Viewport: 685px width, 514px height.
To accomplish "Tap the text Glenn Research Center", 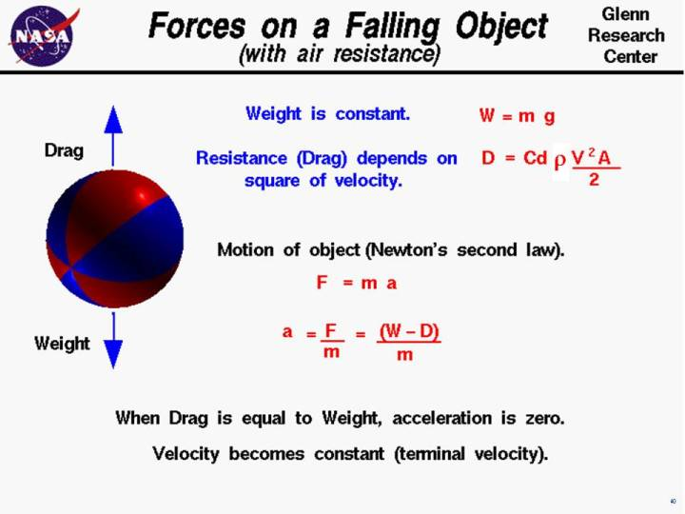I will click(x=629, y=35).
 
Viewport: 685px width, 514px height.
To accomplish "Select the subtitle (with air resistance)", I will click(x=341, y=54).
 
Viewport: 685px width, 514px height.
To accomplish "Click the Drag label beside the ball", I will click(x=64, y=150).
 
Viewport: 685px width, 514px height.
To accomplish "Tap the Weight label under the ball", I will click(x=62, y=343).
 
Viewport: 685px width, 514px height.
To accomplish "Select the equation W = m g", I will click(x=517, y=116).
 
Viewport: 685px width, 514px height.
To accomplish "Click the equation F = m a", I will click(x=356, y=284).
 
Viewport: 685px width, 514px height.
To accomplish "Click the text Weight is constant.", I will click(x=327, y=114).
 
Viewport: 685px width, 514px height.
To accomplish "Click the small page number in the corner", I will click(x=673, y=501).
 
